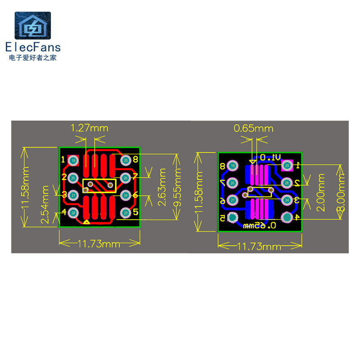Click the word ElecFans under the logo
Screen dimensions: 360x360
click(32, 47)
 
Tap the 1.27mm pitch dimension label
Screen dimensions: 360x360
click(90, 128)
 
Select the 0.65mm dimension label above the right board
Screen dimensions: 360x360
click(253, 128)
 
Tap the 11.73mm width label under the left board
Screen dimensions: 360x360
click(99, 244)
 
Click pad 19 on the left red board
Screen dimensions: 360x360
click(74, 160)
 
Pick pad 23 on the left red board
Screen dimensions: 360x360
click(126, 212)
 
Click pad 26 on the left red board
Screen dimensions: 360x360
click(126, 178)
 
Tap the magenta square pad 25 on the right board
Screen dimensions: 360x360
click(287, 166)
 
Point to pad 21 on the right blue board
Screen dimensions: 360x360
click(233, 200)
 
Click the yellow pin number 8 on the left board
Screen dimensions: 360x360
click(135, 159)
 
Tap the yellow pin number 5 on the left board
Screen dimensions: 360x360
click(135, 211)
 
